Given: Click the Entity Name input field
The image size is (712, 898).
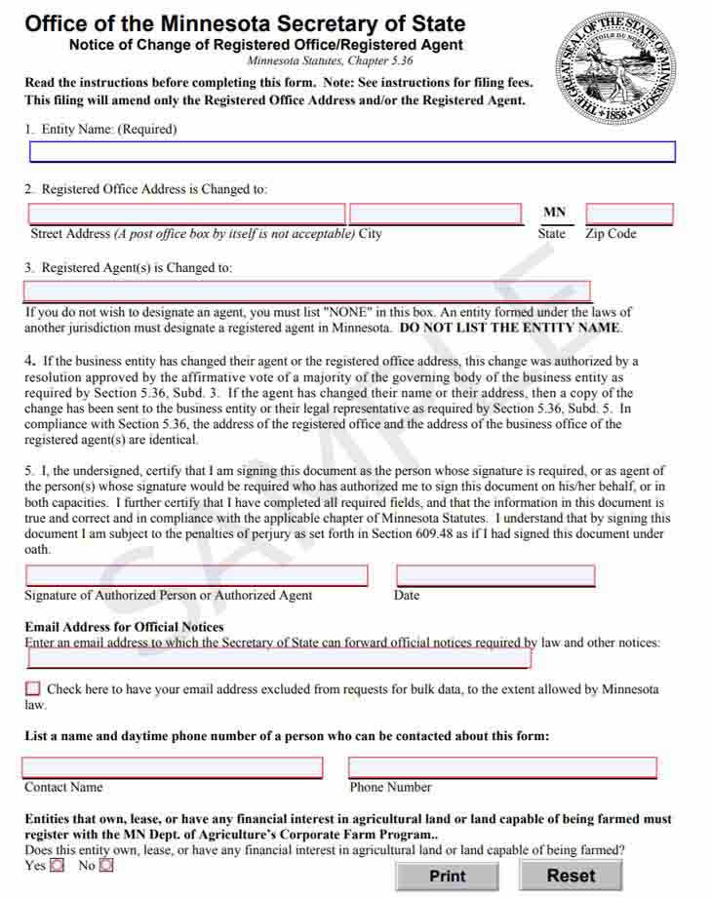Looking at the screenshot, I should (352, 152).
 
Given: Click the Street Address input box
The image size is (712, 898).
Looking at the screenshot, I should (186, 214).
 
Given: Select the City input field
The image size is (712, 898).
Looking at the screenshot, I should (436, 214).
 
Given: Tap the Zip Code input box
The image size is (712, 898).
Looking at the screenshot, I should (629, 214).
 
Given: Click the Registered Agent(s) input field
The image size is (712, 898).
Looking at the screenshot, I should (307, 291).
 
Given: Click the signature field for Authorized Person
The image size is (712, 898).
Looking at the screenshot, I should (197, 575).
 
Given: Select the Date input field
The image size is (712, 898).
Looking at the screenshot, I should (495, 575).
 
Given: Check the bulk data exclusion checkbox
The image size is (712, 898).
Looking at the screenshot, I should (33, 688).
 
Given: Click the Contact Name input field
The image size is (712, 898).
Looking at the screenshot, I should (173, 767).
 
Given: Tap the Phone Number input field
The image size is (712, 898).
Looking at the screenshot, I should (502, 767).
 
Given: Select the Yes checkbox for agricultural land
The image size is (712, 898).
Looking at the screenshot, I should (57, 865).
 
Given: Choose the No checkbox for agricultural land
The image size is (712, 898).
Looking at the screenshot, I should (106, 865).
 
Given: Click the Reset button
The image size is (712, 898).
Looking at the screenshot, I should (571, 876).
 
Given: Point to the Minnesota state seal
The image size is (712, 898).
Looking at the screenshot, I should (614, 69).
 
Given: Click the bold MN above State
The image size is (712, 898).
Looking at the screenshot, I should (554, 212).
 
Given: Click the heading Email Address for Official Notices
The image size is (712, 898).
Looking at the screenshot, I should (124, 627).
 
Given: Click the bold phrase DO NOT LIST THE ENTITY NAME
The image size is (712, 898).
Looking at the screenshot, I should (510, 328).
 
